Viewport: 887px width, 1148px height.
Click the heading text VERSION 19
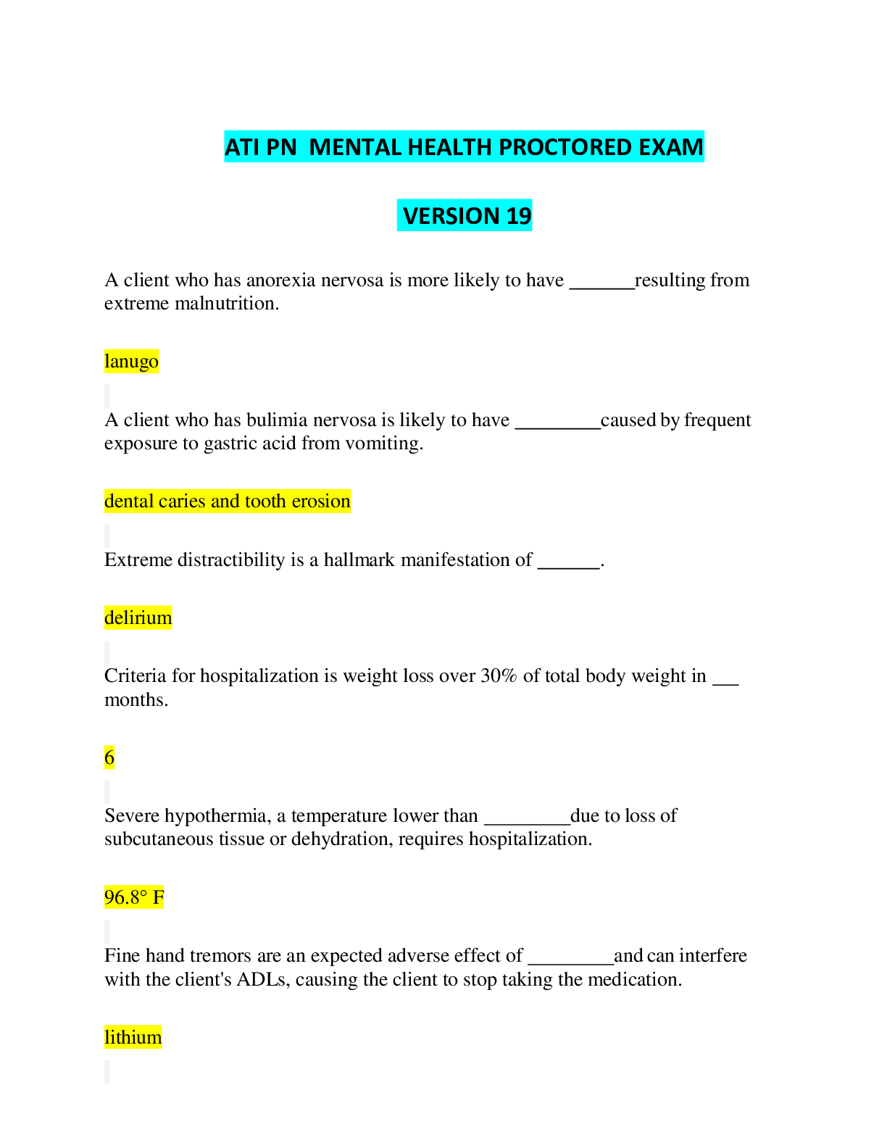tap(467, 215)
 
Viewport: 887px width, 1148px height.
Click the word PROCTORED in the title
tap(565, 147)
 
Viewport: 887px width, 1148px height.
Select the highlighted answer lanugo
tap(132, 362)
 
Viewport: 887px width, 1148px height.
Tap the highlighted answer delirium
tap(138, 617)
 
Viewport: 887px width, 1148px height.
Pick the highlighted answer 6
tap(109, 757)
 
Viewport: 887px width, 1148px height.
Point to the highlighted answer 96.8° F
tap(134, 897)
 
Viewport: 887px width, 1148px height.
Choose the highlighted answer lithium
tap(133, 1037)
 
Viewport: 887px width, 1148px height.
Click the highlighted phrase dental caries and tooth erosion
tap(227, 501)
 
